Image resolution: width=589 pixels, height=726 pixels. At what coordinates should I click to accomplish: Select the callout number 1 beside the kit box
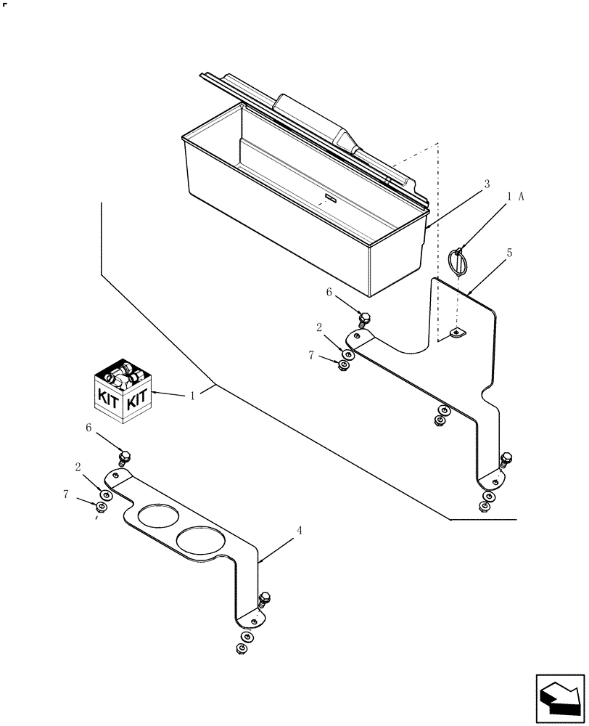[191, 396]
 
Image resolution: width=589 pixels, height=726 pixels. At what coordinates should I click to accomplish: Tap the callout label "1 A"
[516, 196]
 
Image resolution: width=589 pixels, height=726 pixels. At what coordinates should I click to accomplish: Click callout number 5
[510, 253]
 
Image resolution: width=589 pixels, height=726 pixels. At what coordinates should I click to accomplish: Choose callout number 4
[299, 531]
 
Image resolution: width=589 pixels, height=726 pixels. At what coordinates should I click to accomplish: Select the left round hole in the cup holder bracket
[155, 518]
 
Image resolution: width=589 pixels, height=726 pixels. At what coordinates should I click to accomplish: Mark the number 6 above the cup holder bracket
[89, 428]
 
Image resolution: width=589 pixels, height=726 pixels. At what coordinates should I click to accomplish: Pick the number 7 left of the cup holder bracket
[66, 494]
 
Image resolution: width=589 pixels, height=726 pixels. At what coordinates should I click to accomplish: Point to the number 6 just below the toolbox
[329, 292]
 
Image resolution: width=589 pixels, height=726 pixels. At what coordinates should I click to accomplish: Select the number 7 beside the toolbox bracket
[312, 355]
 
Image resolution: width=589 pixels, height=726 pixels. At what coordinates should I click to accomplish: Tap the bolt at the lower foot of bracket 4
[264, 599]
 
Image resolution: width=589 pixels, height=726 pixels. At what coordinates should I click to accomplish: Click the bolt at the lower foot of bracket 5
[506, 459]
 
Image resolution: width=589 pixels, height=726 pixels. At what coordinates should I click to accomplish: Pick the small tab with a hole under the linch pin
[457, 333]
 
